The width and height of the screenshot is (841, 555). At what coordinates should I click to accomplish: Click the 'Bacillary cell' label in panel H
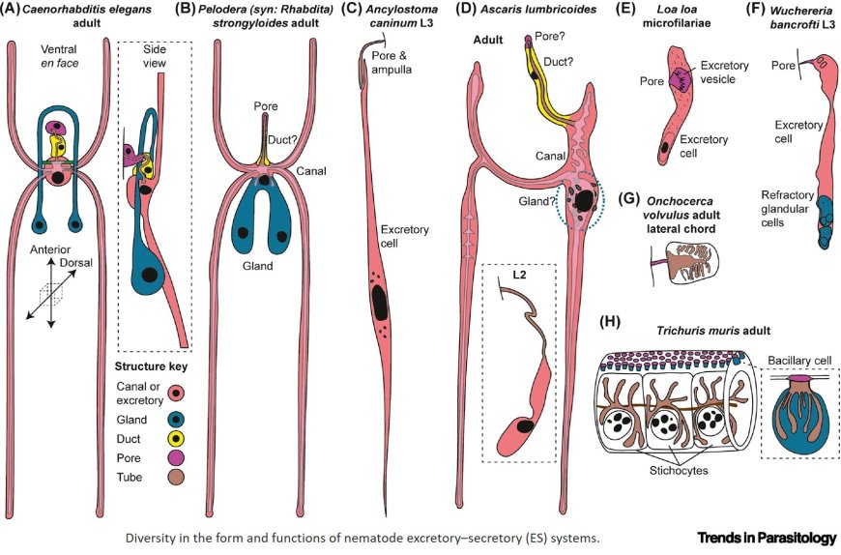click(794, 360)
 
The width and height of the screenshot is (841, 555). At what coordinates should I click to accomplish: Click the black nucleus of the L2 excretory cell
click(526, 425)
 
